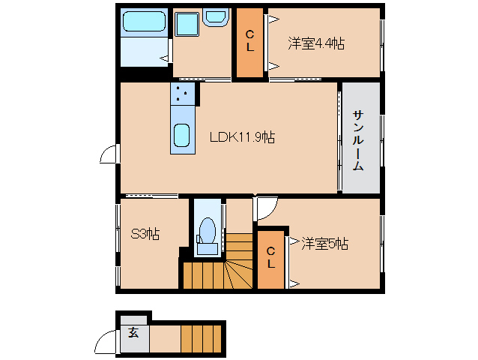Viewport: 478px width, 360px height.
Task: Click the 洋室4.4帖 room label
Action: [x=315, y=43]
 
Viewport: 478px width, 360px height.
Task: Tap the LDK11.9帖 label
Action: [x=241, y=137]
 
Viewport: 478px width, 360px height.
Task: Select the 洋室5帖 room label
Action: [x=325, y=243]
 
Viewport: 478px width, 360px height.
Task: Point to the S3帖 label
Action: [x=145, y=234]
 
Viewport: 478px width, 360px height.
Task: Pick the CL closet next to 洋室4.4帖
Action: [x=250, y=42]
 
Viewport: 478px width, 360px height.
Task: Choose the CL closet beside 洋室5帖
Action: [x=271, y=259]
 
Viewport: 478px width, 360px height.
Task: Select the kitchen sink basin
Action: [x=182, y=137]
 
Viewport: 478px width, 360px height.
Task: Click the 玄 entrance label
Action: [x=133, y=333]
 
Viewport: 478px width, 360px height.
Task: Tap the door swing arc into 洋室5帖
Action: [x=266, y=208]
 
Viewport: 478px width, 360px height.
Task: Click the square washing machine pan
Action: [x=186, y=24]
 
